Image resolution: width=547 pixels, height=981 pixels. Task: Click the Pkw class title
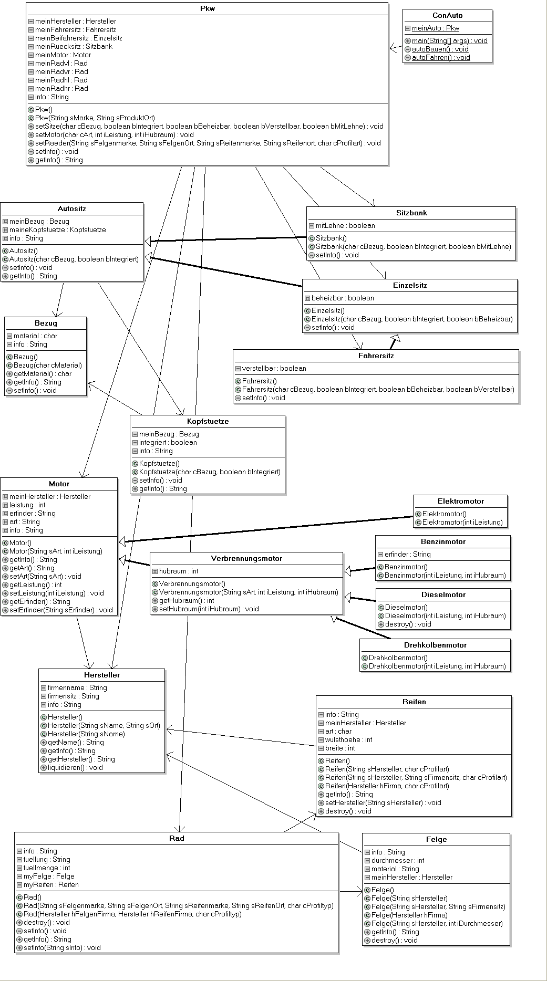tap(208, 8)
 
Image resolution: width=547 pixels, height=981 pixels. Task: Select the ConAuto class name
tap(448, 15)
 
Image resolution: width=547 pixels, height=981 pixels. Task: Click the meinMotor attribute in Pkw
tap(63, 55)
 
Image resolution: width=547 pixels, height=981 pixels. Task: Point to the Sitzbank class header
tap(411, 213)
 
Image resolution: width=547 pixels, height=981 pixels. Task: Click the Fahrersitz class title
tap(376, 356)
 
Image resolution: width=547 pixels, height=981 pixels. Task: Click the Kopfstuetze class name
tap(208, 421)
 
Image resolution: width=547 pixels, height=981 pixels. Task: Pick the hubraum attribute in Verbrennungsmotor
tap(179, 571)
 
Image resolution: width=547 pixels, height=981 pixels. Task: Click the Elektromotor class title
tap(461, 501)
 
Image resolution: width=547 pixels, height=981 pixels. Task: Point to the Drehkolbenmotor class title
tap(435, 645)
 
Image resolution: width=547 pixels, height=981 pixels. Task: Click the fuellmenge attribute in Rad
tap(47, 868)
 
